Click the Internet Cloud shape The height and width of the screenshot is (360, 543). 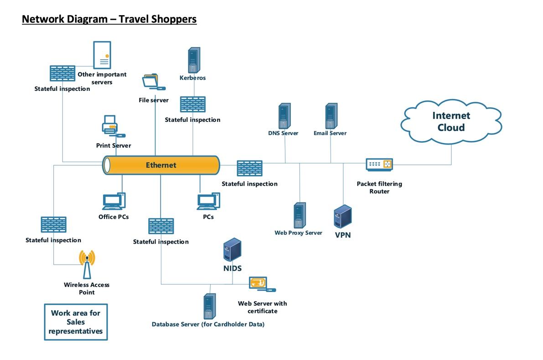pyautogui.click(x=450, y=121)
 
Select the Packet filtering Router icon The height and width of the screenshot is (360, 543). pyautogui.click(x=379, y=164)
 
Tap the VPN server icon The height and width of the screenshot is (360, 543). pyautogui.click(x=342, y=216)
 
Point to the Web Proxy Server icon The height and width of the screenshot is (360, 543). pyautogui.click(x=299, y=215)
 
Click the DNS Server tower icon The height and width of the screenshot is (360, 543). pyautogui.click(x=284, y=116)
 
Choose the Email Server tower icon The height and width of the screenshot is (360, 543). pyautogui.click(x=331, y=116)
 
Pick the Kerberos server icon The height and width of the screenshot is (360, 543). pyautogui.click(x=194, y=60)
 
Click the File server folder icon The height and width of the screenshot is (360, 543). pyautogui.click(x=152, y=81)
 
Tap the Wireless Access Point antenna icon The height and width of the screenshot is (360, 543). pyautogui.click(x=87, y=264)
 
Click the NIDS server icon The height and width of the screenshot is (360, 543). pyautogui.click(x=232, y=250)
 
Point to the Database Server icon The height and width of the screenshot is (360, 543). pyautogui.click(x=210, y=306)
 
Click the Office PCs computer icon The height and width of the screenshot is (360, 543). pyautogui.click(x=114, y=201)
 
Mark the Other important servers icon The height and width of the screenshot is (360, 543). pyautogui.click(x=101, y=55)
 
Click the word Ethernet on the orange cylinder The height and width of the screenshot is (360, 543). pyautogui.click(x=161, y=165)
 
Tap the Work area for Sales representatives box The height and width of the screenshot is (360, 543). pyautogui.click(x=76, y=322)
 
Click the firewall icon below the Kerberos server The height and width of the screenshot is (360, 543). pyautogui.click(x=192, y=104)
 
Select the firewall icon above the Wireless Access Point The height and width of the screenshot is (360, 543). pyautogui.click(x=53, y=224)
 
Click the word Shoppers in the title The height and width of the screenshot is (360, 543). pyautogui.click(x=171, y=19)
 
